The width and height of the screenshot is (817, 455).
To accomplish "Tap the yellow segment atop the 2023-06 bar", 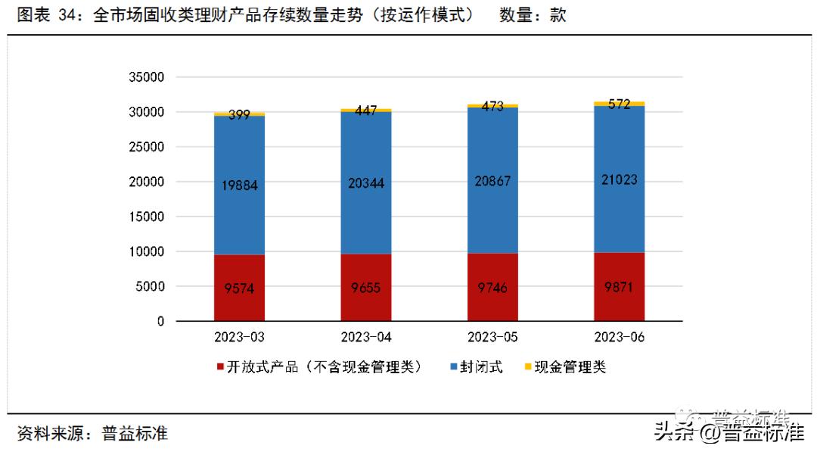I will pos(619,104).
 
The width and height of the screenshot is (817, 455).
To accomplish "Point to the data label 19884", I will pos(239,185).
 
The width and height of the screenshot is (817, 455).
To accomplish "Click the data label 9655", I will pos(365,288).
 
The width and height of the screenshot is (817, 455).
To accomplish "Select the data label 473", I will pos(492,107).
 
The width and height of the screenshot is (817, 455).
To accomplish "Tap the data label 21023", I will pos(619,180).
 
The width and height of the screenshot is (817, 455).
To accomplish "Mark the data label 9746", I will pos(492,288).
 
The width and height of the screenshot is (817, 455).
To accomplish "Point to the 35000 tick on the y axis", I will pos(147,77).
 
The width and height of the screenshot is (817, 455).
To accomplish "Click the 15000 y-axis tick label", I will pos(147,217).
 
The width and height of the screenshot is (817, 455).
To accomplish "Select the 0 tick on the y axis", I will pos(160,322).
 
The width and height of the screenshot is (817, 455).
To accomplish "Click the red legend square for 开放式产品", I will pos(220,368).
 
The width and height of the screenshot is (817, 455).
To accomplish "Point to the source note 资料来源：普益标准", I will pos(92,434).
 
